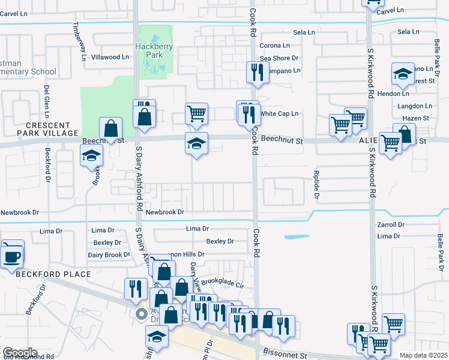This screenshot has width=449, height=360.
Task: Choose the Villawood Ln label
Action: click(x=109, y=58)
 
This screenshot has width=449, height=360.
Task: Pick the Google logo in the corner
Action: click(x=20, y=353)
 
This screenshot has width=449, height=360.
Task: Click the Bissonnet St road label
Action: click(x=286, y=355)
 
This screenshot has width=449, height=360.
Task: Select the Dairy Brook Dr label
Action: click(x=109, y=255)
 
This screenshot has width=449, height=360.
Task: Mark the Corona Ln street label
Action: click(x=274, y=46)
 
